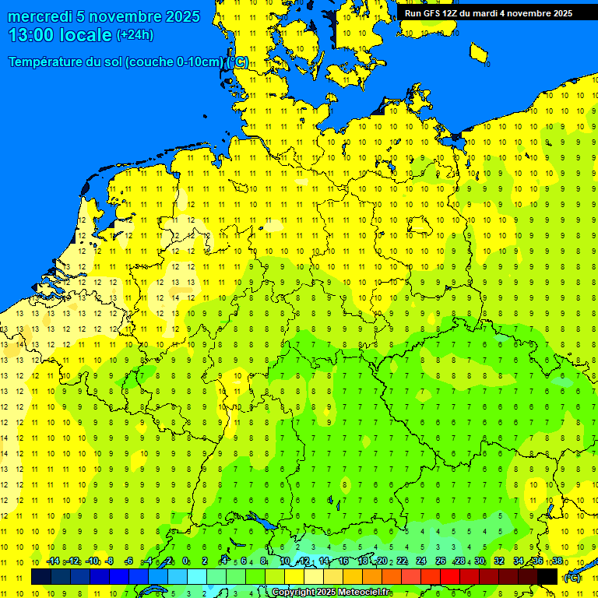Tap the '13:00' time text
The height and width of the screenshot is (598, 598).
(31, 35)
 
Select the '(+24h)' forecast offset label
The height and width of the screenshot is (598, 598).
(135, 35)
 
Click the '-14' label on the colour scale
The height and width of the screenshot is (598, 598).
(53, 561)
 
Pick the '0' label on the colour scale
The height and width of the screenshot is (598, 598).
(185, 561)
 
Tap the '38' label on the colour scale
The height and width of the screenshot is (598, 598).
(557, 561)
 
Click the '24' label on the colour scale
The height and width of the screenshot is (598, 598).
(421, 561)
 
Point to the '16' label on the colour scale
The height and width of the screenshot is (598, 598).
(343, 561)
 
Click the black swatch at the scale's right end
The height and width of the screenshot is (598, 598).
(547, 576)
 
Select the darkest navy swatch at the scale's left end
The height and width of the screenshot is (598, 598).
(41, 576)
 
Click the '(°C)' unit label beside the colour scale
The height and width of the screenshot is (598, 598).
(572, 578)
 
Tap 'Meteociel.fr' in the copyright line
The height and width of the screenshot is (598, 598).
(364, 593)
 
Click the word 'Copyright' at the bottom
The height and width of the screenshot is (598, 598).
(293, 593)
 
